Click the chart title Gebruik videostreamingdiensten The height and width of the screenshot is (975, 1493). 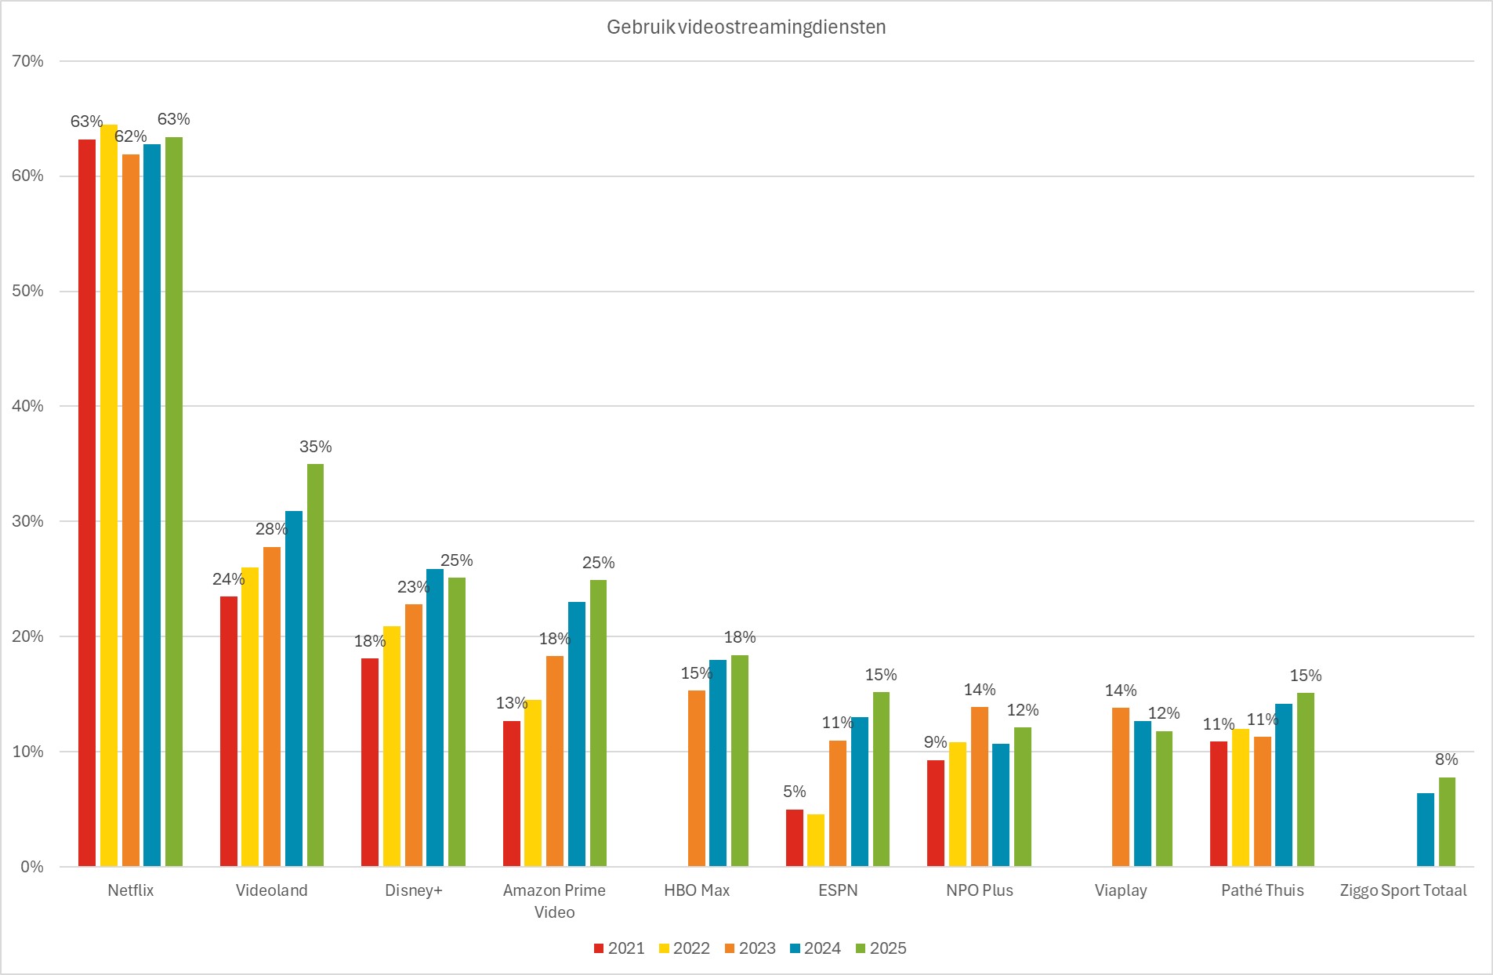(746, 27)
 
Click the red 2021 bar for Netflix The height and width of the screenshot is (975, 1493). (87, 502)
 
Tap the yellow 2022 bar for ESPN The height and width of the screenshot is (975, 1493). (816, 840)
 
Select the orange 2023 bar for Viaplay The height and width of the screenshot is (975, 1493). (1121, 787)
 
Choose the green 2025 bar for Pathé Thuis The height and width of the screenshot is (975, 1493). (1305, 779)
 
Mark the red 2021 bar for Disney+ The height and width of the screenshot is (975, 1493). (370, 762)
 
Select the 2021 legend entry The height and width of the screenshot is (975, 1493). (619, 948)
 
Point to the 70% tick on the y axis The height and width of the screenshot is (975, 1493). (28, 61)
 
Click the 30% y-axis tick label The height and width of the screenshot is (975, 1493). (28, 521)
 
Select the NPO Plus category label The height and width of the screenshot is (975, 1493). (979, 890)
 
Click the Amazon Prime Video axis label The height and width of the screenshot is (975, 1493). (554, 901)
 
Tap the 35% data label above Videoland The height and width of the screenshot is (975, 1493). (315, 447)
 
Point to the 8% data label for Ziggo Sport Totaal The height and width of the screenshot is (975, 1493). (1446, 759)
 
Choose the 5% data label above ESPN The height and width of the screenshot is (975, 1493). (794, 792)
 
